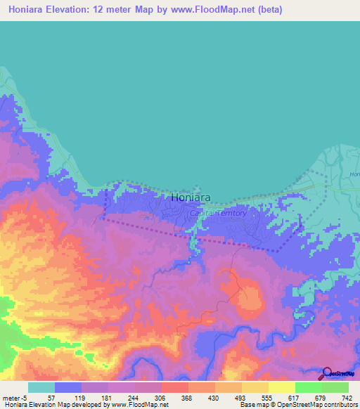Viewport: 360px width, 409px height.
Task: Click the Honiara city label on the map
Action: click(191, 198)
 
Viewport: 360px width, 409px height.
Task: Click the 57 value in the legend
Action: click(51, 397)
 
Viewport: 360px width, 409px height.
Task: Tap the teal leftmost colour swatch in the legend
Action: click(41, 387)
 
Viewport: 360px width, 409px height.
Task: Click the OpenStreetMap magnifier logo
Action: click(326, 374)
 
